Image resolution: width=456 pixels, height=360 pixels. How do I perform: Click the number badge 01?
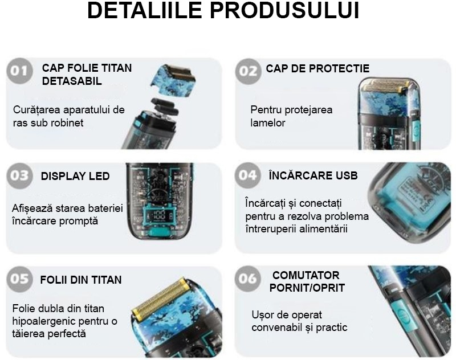point(20,71)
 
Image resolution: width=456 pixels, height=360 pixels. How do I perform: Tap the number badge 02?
point(249,71)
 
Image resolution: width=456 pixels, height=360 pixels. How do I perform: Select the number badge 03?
point(20,177)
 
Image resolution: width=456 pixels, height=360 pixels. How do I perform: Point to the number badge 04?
point(249,176)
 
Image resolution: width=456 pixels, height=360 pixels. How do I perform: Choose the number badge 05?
point(20,279)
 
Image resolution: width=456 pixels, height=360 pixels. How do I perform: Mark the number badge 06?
point(249,279)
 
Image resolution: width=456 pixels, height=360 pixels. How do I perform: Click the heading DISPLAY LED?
point(75,176)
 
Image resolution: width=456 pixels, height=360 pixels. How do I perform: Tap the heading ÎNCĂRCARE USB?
point(313,175)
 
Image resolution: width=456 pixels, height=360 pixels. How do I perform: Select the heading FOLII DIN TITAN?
point(81,280)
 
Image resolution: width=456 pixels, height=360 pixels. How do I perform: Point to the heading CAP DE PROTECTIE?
point(317,69)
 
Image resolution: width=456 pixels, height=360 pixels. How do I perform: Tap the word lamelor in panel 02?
point(268,122)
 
